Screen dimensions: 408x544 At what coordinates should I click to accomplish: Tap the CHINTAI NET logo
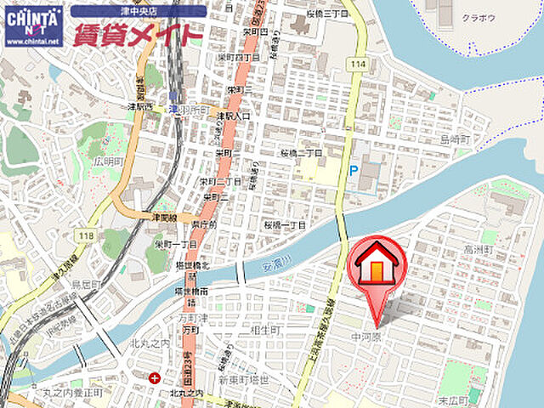[33, 25]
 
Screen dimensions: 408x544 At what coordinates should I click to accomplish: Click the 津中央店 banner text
[139, 11]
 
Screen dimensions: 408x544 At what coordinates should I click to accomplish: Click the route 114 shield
[357, 65]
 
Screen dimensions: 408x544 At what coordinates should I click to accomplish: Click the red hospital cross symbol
[154, 378]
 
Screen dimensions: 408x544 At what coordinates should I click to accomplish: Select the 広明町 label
[110, 161]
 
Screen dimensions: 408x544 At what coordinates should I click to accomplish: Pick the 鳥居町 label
[87, 284]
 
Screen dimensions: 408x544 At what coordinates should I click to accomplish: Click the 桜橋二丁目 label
[302, 153]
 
